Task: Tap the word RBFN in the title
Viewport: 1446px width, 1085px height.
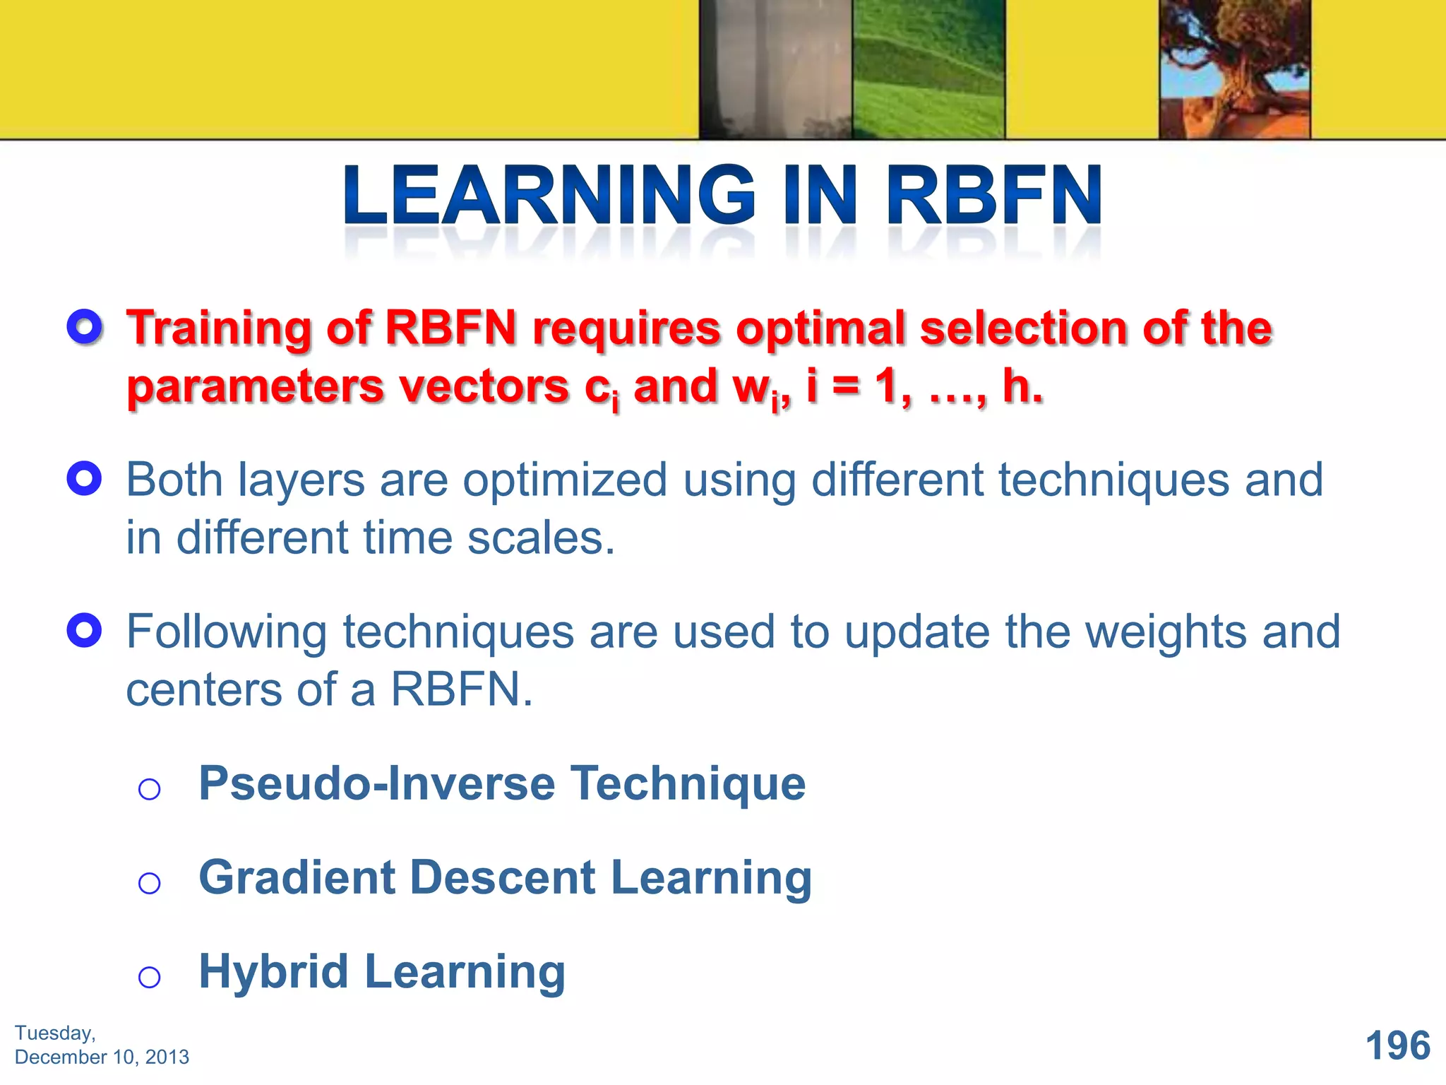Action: pyautogui.click(x=994, y=196)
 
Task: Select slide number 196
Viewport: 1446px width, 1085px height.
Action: pyautogui.click(x=1397, y=1045)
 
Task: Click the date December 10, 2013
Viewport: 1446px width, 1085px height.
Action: pyautogui.click(x=102, y=1057)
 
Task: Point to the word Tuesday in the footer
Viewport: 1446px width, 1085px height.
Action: pyautogui.click(x=54, y=1033)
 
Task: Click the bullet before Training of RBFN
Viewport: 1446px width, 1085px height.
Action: pyautogui.click(x=85, y=327)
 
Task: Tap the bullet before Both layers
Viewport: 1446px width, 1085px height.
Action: pyautogui.click(x=85, y=479)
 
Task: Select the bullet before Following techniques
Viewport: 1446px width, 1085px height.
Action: pyautogui.click(x=85, y=630)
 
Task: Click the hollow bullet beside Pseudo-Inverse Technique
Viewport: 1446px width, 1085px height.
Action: pyautogui.click(x=149, y=789)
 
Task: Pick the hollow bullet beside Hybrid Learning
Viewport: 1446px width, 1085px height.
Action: pyautogui.click(x=149, y=978)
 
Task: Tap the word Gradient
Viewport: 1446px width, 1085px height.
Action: pyautogui.click(x=297, y=877)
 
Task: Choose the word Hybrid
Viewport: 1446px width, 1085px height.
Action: pyautogui.click(x=274, y=972)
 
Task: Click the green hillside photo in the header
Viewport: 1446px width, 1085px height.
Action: pyautogui.click(x=928, y=69)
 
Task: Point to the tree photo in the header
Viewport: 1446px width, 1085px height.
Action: pyautogui.click(x=1234, y=69)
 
